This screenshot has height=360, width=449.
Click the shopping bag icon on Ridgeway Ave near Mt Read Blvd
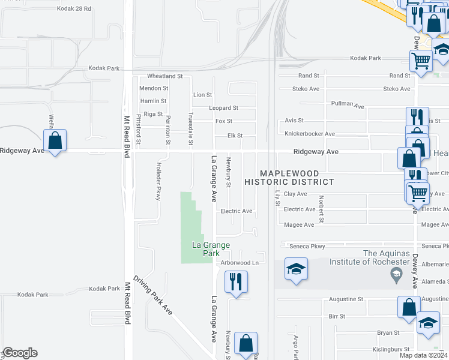55,141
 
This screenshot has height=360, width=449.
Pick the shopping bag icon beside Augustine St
408,307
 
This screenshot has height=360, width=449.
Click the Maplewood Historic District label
289,176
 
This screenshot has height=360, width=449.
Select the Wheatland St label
164,76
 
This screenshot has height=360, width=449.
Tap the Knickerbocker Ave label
309,134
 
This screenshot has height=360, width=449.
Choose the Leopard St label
223,108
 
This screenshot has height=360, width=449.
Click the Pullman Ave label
348,104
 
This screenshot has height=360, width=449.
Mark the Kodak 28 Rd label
74,9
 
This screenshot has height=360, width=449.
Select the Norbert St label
322,209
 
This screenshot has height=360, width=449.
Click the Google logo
20,353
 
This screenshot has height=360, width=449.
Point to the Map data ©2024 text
423,355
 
